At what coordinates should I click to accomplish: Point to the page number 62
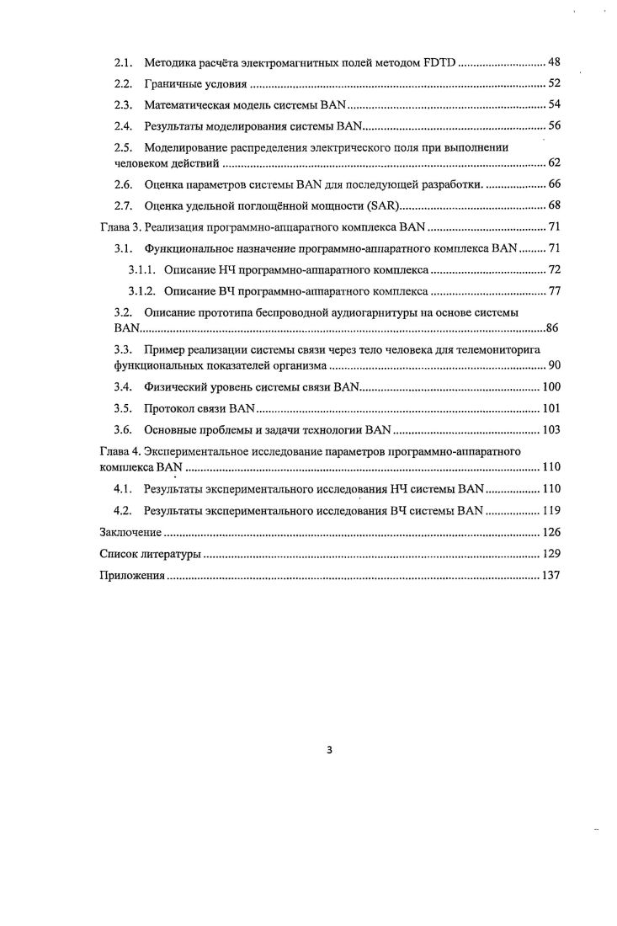click(x=554, y=162)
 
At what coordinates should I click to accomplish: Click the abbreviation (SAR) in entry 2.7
click(x=381, y=205)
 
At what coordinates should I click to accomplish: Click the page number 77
click(x=554, y=292)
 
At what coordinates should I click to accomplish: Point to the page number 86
click(x=553, y=327)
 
